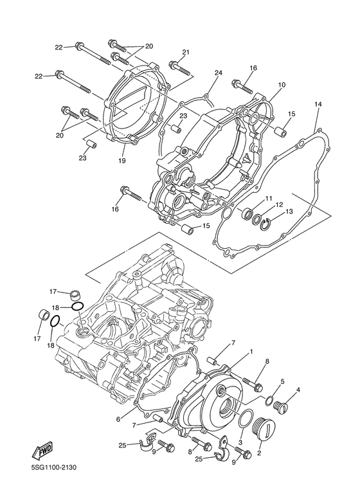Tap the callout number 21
click(x=186, y=52)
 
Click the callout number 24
click(x=218, y=73)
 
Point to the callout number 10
click(x=281, y=85)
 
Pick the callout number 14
click(x=318, y=104)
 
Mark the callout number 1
click(x=250, y=351)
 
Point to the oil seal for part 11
click(x=246, y=213)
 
